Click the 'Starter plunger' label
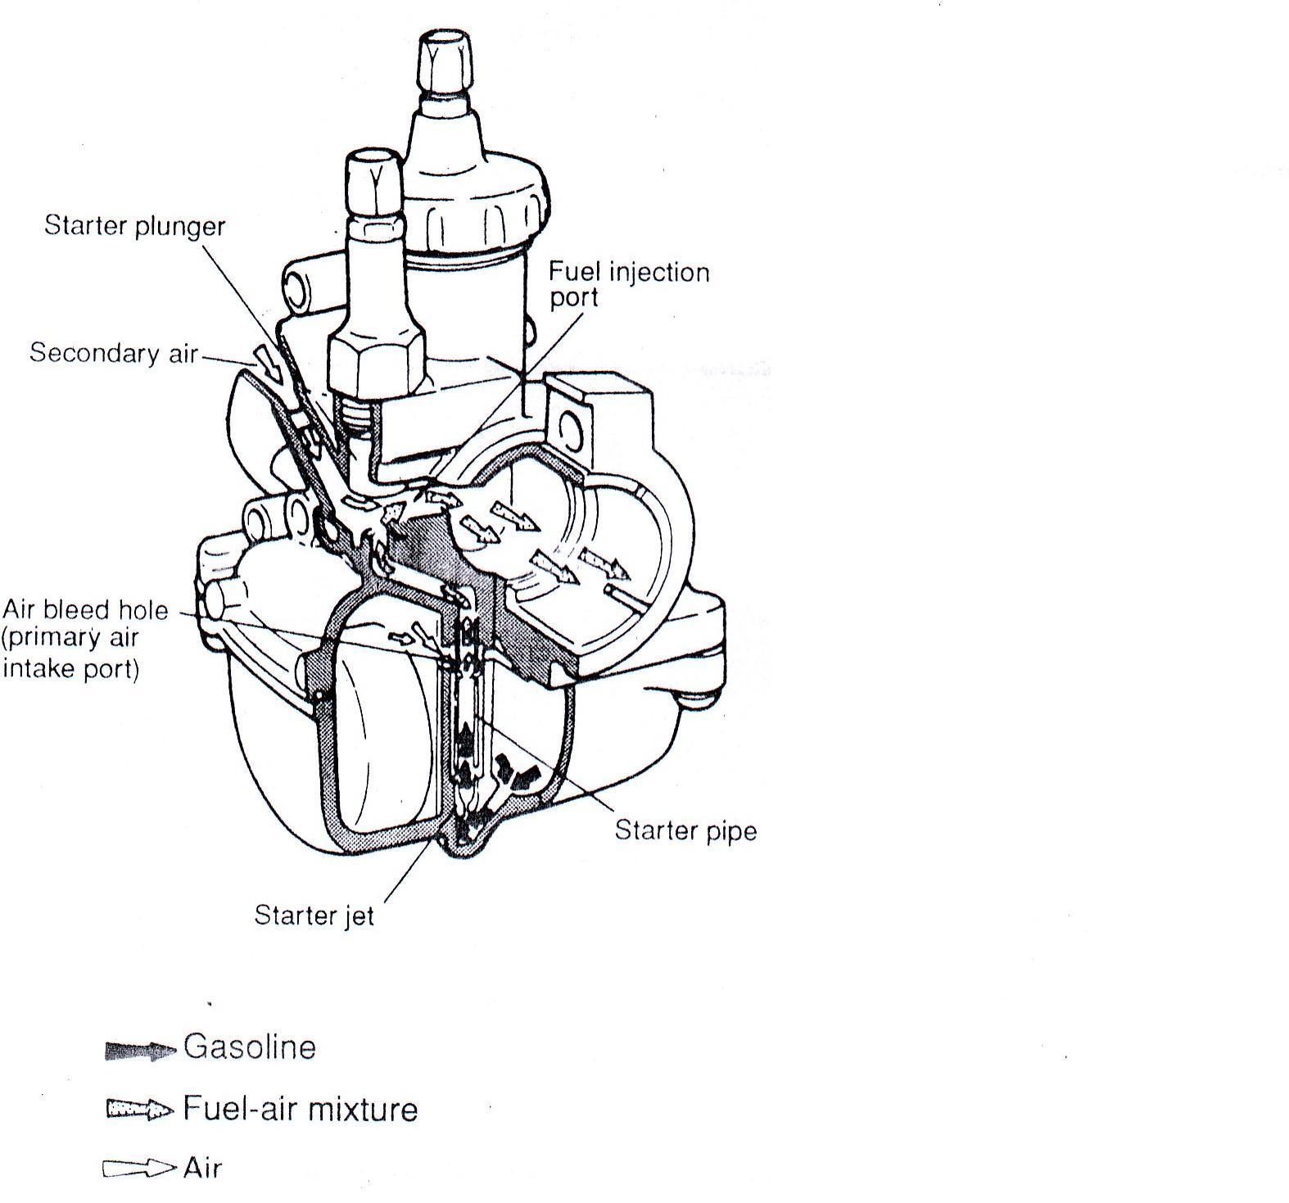click(134, 225)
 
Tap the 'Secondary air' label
click(113, 353)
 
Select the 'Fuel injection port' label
click(628, 283)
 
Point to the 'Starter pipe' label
click(685, 830)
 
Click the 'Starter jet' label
click(314, 914)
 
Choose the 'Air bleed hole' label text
click(85, 610)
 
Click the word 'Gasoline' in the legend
click(250, 1047)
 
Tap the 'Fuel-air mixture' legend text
click(300, 1109)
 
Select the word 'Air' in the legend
click(202, 1168)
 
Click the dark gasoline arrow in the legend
click(140, 1051)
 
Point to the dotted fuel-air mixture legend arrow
click(139, 1110)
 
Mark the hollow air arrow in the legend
click(138, 1169)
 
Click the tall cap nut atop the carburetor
click(445, 66)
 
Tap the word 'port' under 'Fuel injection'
click(573, 298)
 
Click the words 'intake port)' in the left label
click(71, 669)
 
